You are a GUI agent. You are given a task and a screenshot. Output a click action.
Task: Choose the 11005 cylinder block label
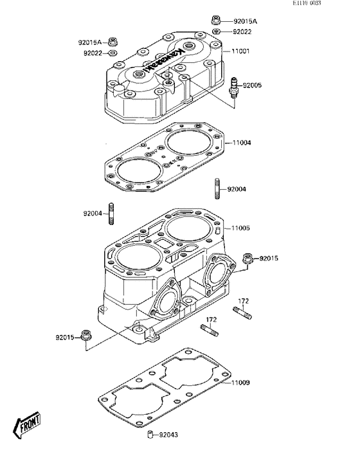(x=242, y=228)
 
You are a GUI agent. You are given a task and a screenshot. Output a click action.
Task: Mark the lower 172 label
(x=211, y=320)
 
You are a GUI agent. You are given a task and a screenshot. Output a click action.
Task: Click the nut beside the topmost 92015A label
(x=216, y=21)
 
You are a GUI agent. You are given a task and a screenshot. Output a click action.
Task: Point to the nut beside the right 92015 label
(x=247, y=259)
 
